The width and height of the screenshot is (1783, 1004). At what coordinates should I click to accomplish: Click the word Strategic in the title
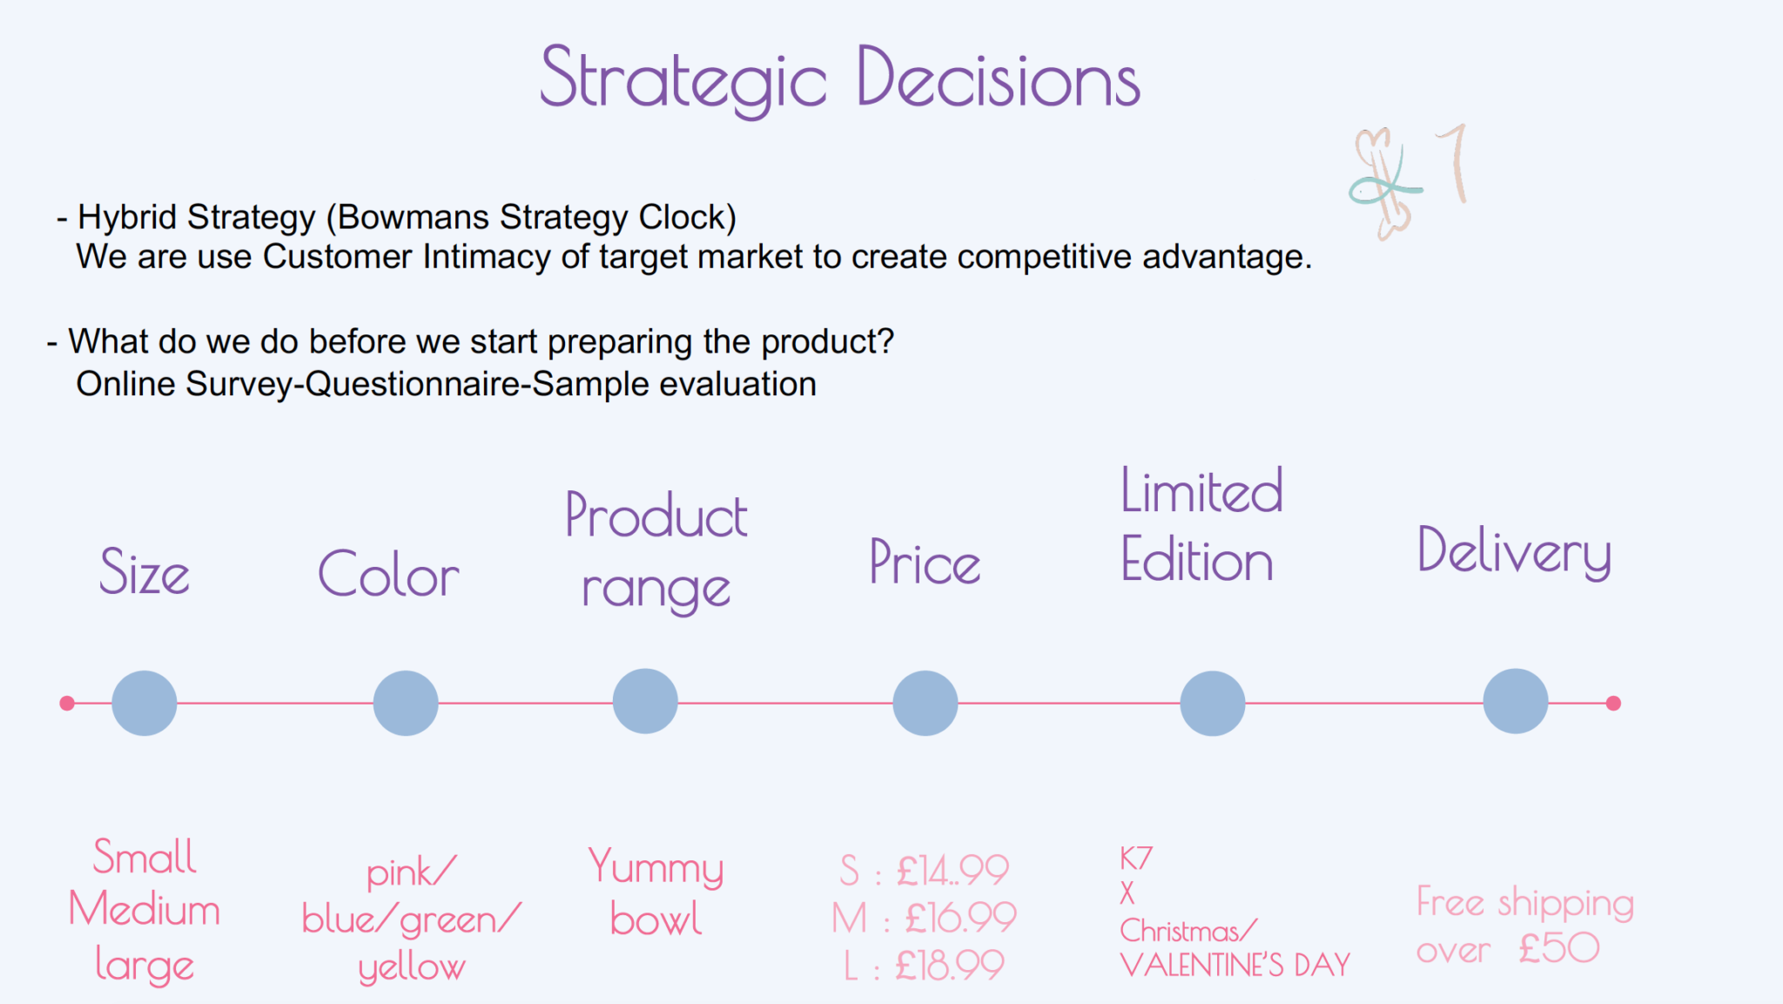[x=683, y=80]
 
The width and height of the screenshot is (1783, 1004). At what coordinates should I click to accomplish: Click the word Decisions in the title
[x=999, y=77]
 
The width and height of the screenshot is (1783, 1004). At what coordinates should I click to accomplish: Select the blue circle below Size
[x=145, y=703]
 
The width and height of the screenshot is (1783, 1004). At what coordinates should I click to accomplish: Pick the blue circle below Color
[x=406, y=703]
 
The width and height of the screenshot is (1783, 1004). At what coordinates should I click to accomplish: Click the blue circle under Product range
[x=645, y=701]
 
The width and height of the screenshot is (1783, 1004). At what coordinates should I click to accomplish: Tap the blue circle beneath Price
[x=925, y=703]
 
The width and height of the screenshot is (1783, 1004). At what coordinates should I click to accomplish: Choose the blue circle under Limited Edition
[x=1213, y=703]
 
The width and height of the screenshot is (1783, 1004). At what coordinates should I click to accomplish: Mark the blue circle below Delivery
[x=1516, y=701]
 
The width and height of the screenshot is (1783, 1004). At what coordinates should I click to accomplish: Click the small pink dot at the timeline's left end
[x=67, y=703]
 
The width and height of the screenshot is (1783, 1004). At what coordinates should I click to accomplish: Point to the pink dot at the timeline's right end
[x=1613, y=703]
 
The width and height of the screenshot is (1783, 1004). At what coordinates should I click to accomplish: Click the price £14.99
[x=952, y=870]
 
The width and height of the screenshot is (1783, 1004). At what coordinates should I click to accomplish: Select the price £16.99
[x=961, y=917]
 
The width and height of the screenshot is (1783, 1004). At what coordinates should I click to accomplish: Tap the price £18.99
[x=950, y=965]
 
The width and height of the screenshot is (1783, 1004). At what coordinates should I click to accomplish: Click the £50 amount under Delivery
[x=1559, y=947]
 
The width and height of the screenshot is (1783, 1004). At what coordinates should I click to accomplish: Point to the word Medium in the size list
[x=145, y=909]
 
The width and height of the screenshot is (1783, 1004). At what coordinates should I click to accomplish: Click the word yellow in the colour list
[x=412, y=967]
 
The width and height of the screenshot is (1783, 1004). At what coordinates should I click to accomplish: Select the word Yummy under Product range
[x=656, y=867]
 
